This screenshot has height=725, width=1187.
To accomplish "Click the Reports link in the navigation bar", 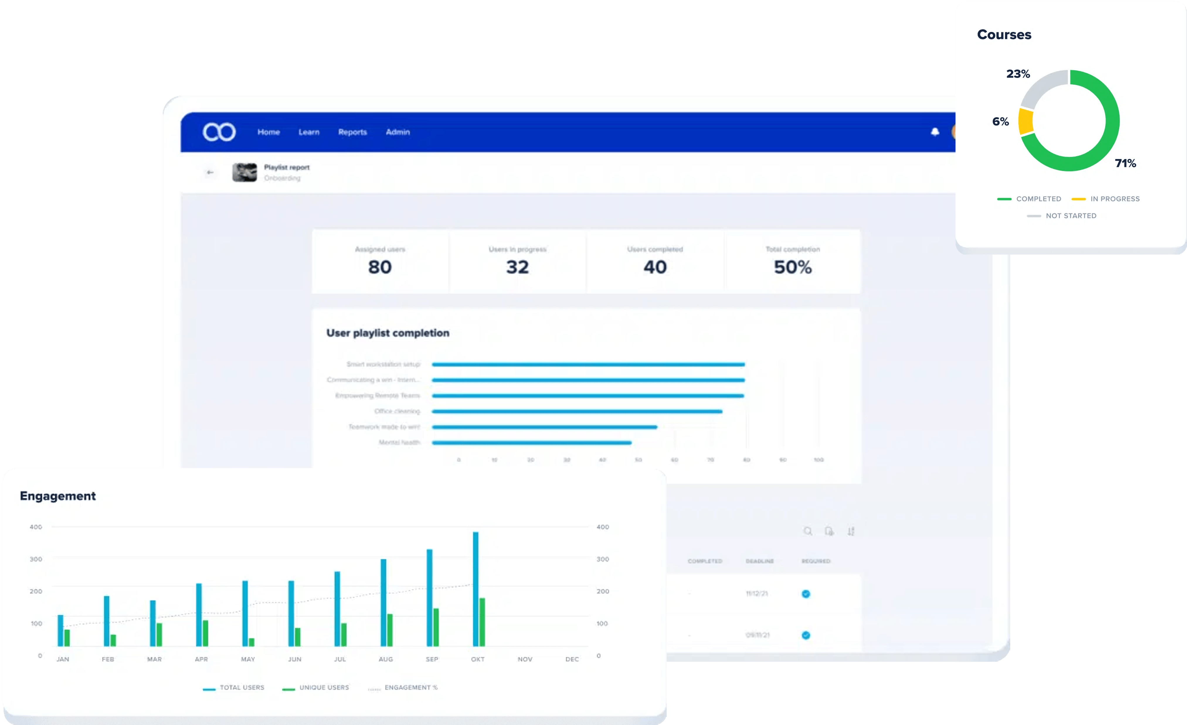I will pos(352,132).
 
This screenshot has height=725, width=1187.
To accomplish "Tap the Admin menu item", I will pos(398,132).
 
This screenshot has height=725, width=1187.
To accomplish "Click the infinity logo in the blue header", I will pos(219,132).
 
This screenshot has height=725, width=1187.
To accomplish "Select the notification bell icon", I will pos(935,132).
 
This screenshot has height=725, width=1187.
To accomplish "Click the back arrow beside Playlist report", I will pos(210,172).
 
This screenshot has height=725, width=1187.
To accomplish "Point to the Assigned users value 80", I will pos(380,267).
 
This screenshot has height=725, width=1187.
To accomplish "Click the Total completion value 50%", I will pos(792,267).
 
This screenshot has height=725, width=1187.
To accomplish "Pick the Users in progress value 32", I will pos(517,267).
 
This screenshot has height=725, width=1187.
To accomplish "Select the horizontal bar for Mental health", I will pos(531,442).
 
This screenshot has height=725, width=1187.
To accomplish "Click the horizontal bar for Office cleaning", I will pos(577,411).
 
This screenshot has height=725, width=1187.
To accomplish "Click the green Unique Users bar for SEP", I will pos(436,627).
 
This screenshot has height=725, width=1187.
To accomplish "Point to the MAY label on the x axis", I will pos(248,659).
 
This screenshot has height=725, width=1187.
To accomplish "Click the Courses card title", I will pos(1004,35).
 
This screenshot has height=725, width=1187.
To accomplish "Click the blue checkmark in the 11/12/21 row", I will pos(806,593).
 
